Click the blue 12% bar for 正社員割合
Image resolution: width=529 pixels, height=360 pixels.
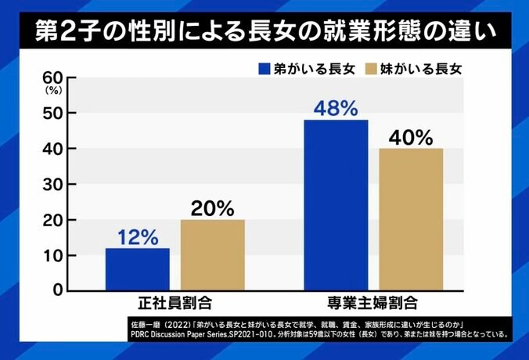(138, 268)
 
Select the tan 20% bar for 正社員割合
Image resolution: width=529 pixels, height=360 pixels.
(213, 254)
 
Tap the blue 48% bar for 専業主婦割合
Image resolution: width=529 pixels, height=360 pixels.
(336, 204)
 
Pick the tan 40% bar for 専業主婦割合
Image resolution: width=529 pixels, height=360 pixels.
(411, 218)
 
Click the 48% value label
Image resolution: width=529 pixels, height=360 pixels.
(336, 106)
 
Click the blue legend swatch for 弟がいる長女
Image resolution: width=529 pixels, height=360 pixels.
(264, 68)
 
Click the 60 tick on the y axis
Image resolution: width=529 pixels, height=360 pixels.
(53, 77)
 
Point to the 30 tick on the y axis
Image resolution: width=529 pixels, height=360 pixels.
(53, 184)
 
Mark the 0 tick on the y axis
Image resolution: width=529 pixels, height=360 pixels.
(57, 290)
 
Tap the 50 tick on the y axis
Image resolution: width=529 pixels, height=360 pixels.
(53, 113)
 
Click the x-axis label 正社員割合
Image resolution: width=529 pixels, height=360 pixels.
(175, 302)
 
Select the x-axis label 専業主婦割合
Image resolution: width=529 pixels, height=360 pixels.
(374, 302)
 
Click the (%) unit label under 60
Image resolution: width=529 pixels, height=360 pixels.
(54, 90)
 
